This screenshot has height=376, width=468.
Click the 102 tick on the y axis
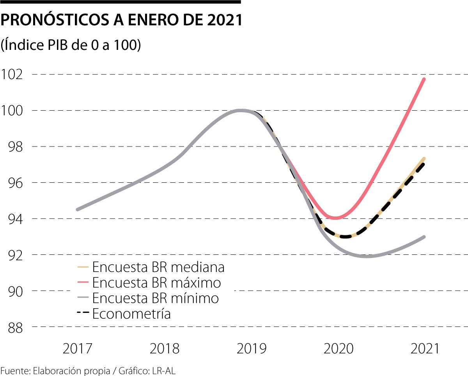[x=12, y=74]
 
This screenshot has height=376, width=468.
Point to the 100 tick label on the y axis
[x=12, y=110]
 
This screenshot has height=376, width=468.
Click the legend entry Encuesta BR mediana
[x=158, y=267]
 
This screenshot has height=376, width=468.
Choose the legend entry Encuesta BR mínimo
[x=155, y=298]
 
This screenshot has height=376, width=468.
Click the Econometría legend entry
[x=131, y=313]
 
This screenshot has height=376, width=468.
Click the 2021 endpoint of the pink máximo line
[x=424, y=79]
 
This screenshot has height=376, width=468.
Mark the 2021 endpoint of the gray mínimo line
[x=424, y=237]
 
